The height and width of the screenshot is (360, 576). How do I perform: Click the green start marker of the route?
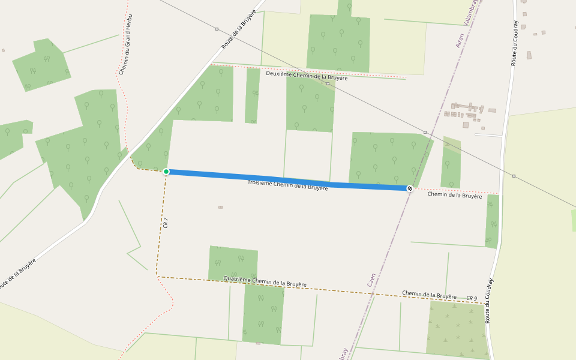tap(166, 172)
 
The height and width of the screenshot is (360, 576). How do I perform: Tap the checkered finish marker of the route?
tap(410, 188)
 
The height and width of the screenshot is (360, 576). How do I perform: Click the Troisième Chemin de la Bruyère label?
tap(287, 184)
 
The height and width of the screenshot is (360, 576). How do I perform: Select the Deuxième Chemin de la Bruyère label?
tap(307, 77)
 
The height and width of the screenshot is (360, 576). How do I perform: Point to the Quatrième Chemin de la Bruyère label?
tap(265, 281)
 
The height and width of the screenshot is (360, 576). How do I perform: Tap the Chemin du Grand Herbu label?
tap(126, 45)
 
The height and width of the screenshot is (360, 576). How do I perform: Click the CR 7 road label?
tap(166, 223)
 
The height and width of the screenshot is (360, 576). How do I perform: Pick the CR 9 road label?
tap(472, 298)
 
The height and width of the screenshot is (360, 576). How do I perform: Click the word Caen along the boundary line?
tap(371, 280)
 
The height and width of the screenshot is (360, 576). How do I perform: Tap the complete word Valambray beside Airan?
tap(472, 12)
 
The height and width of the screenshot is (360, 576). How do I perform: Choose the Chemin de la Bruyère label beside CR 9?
tap(429, 295)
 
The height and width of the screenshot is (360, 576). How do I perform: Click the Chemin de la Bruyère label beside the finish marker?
tap(454, 195)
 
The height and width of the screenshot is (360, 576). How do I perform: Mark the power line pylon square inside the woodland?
tap(328, 84)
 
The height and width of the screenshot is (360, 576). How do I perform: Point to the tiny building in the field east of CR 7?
tap(221, 207)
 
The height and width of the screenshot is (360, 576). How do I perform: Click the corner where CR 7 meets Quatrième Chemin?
tap(157, 276)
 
